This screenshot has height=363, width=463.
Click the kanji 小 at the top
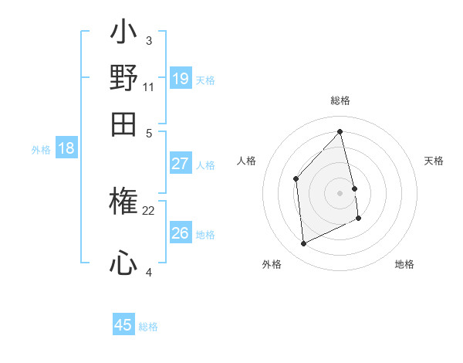point(123,33)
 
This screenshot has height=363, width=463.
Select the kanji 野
point(123,78)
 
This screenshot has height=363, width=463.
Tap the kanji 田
point(123,124)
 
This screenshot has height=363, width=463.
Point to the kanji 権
point(123,204)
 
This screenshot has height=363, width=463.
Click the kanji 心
point(123,264)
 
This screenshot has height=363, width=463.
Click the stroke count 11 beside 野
point(149,87)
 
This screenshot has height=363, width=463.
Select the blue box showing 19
point(180,78)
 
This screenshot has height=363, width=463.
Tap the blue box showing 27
point(180,164)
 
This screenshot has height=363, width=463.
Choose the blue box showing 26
point(180,232)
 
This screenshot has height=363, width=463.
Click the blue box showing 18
point(66,149)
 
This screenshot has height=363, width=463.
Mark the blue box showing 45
point(123,325)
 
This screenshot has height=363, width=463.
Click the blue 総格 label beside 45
point(148,327)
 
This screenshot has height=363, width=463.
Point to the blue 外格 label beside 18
point(40,150)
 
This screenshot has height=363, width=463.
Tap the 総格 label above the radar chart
point(340,100)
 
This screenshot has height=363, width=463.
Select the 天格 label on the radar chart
point(434,161)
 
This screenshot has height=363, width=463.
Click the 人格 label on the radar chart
point(247,161)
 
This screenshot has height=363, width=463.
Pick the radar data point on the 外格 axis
point(303,244)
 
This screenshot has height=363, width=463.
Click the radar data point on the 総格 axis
point(340,132)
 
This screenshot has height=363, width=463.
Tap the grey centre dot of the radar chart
point(340,192)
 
